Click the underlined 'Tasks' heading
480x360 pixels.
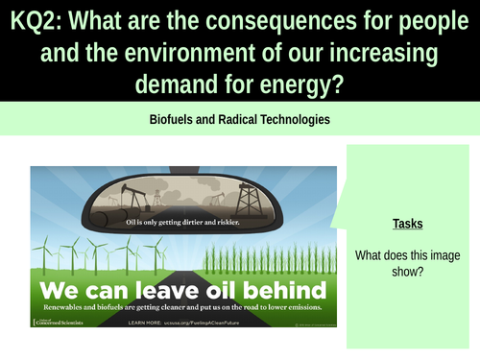click(408, 224)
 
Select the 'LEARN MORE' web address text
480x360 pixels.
click(202, 323)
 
